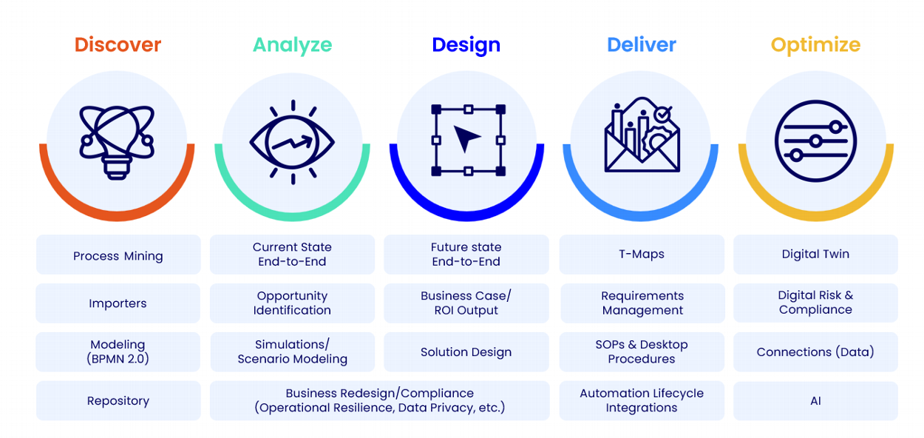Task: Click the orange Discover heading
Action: point(118,44)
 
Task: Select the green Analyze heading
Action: point(293,45)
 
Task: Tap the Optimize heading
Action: point(815,45)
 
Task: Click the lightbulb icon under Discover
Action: point(117,142)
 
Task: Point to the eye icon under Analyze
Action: point(293,142)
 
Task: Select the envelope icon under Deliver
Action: point(642,135)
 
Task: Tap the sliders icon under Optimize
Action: point(815,141)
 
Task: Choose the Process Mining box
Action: point(118,255)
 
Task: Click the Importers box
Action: point(118,303)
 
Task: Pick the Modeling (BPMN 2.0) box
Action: point(118,352)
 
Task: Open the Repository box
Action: point(118,401)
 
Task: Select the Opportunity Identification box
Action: point(293,303)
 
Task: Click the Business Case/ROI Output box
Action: point(466,303)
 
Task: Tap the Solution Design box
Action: point(466,352)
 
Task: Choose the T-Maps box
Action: point(642,255)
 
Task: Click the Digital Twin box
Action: point(815,255)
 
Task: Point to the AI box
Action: point(815,401)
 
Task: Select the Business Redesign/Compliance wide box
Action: point(380,401)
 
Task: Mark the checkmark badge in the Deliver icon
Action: point(663,115)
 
